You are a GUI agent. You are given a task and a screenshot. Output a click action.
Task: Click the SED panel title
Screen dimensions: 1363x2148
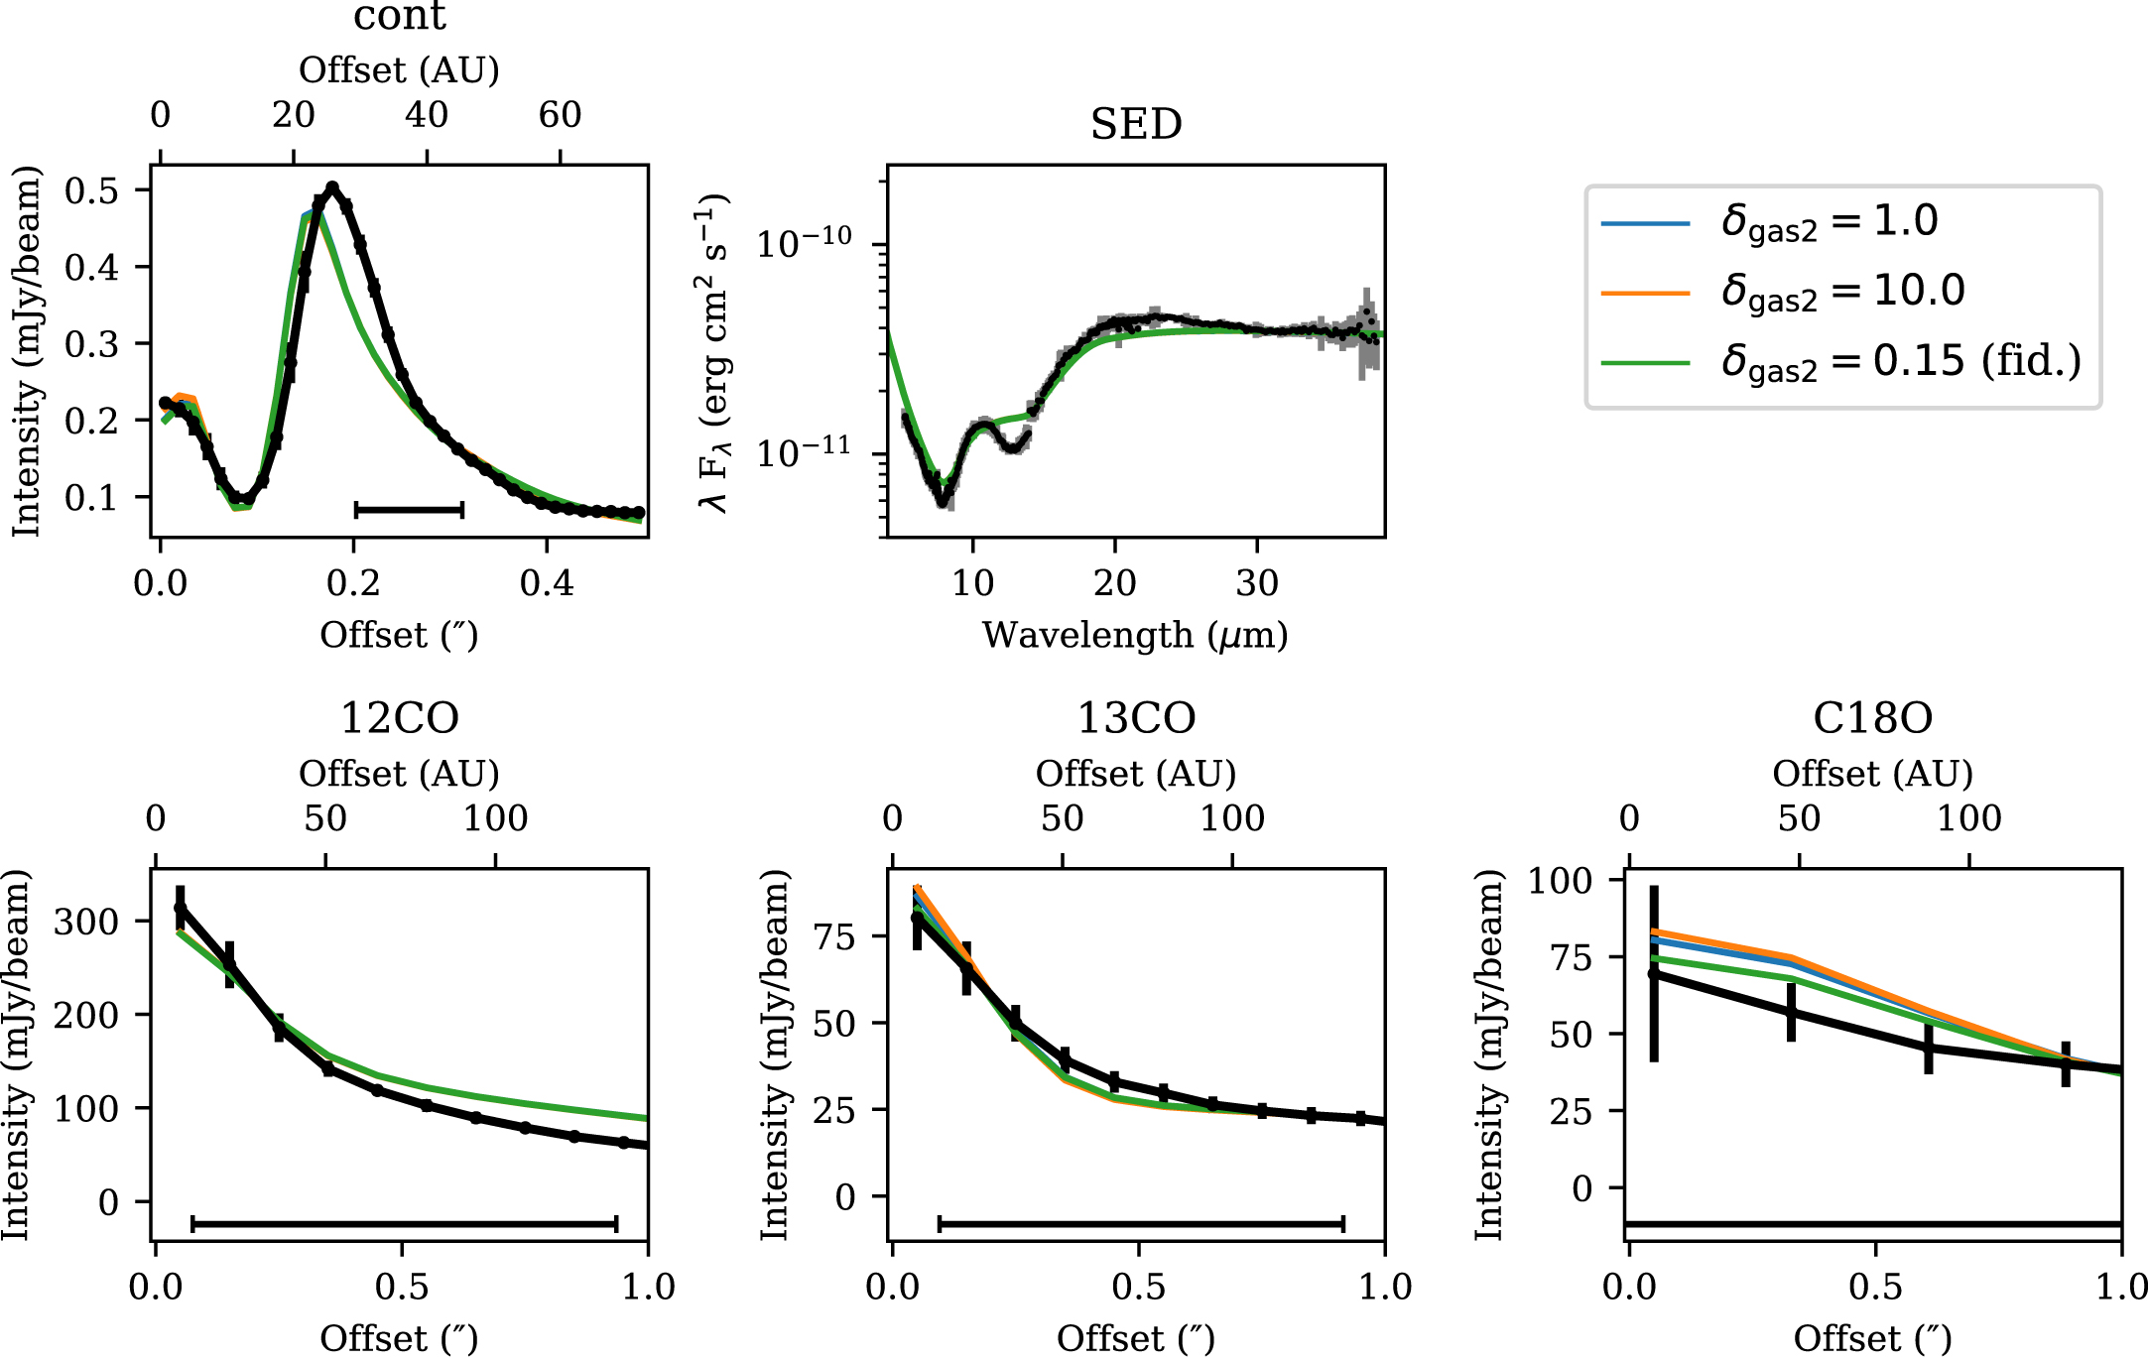tap(1136, 125)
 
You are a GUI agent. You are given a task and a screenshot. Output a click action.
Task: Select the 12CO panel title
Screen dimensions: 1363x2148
tap(400, 718)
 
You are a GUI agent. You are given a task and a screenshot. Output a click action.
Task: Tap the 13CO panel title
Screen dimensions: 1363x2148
tap(1136, 718)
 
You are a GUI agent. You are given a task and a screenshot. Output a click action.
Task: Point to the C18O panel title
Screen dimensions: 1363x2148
tap(1872, 718)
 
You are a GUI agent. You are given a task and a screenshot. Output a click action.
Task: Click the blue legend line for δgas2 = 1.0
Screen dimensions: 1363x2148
tap(1645, 223)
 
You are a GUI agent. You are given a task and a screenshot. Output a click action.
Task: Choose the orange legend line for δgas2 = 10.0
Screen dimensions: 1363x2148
tap(1645, 294)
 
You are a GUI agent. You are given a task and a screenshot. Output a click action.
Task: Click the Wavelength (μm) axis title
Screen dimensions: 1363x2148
tap(1135, 635)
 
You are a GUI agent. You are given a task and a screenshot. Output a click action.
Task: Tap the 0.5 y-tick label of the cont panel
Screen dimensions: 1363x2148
tap(91, 190)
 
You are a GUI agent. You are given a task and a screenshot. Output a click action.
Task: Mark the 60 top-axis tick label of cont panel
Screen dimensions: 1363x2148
tap(560, 115)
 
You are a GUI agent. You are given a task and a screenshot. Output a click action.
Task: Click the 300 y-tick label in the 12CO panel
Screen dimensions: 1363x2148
tap(86, 922)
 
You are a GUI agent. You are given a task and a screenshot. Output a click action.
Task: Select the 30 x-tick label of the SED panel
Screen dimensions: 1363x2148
tap(1257, 583)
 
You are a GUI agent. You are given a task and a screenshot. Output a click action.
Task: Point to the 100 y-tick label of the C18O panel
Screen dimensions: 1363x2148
tap(1560, 880)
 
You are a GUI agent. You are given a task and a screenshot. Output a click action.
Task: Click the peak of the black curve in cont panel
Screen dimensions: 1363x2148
tap(332, 186)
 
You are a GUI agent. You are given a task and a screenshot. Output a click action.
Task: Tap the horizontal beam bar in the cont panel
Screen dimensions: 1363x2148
tap(409, 510)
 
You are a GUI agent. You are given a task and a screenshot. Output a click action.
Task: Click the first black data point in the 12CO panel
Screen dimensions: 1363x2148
tap(180, 907)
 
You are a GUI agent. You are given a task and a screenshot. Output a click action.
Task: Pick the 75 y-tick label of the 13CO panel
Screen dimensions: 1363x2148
tap(834, 936)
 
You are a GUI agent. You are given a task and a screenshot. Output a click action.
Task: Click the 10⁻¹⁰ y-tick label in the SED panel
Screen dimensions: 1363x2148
tap(804, 243)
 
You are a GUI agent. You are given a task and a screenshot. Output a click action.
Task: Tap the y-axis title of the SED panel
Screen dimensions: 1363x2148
tap(714, 352)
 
